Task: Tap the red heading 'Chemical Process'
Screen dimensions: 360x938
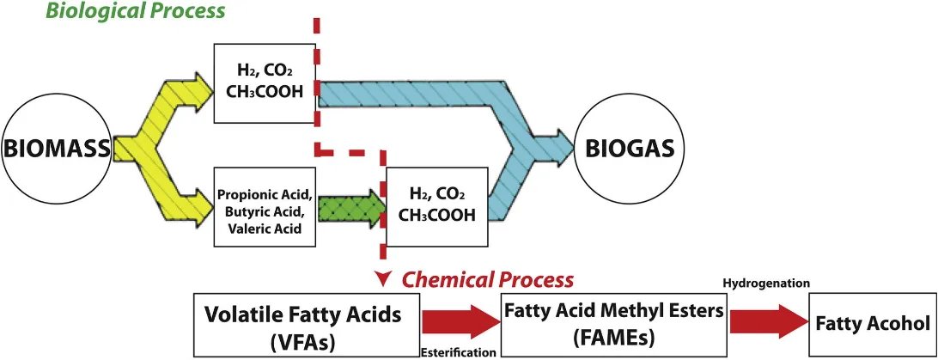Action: tap(487, 280)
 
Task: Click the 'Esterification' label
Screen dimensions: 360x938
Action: tap(459, 352)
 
